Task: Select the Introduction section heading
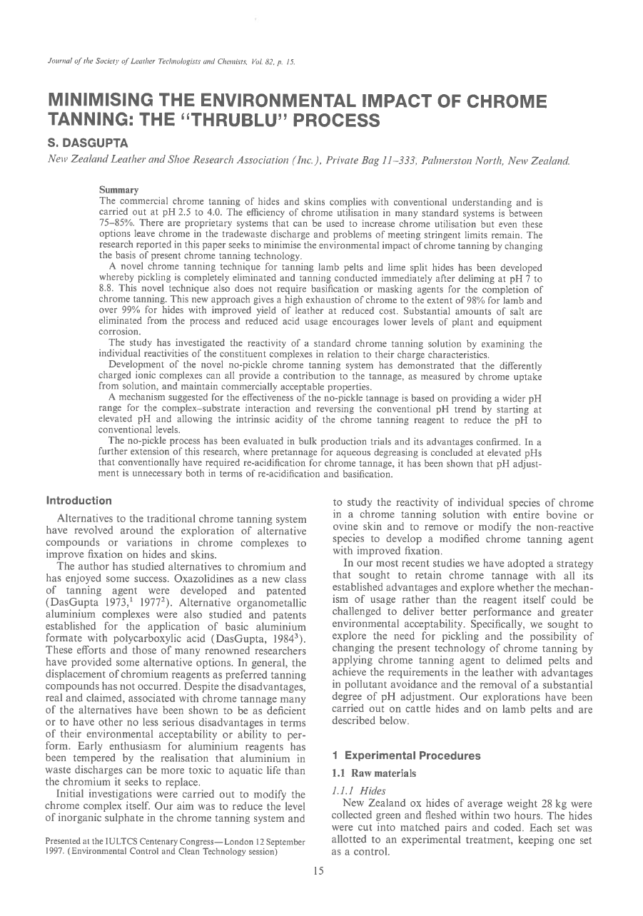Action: click(79, 501)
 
